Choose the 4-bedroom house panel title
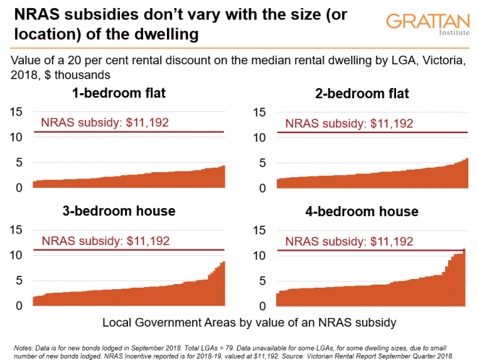click(x=362, y=211)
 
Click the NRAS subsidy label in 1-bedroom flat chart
click(x=105, y=122)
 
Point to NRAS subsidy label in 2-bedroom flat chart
click(x=350, y=122)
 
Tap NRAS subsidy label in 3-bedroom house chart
click(x=105, y=241)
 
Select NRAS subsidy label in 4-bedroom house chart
click(x=350, y=241)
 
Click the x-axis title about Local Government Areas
click(x=239, y=321)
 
